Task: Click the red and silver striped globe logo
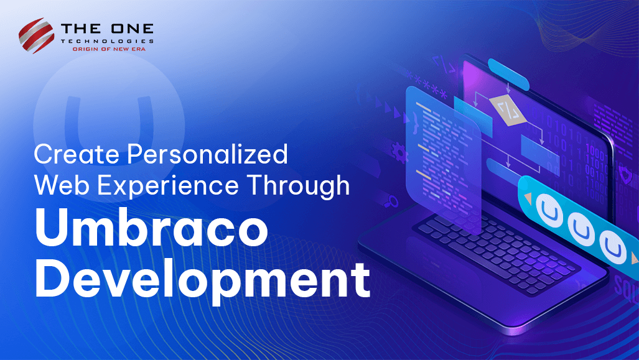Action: tap(37, 35)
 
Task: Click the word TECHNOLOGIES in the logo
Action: tap(108, 40)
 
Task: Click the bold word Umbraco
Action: tap(151, 230)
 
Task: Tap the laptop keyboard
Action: tap(498, 249)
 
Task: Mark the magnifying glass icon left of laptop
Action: tap(393, 201)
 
